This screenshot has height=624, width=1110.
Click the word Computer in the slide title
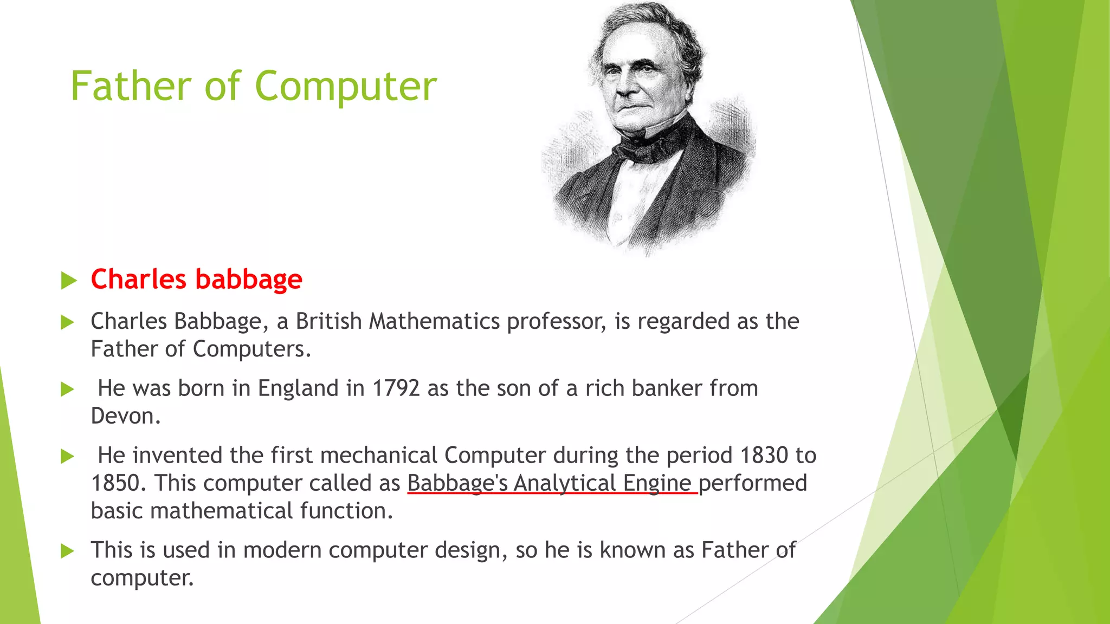tap(345, 87)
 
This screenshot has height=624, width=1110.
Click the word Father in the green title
tap(131, 87)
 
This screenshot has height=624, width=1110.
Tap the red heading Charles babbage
tap(196, 279)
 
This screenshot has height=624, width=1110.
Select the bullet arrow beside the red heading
tap(68, 281)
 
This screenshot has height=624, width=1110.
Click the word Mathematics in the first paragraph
tap(434, 321)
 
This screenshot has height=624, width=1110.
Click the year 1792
tap(396, 388)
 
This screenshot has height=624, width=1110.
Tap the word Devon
tap(125, 416)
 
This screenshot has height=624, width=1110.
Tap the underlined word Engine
tap(657, 483)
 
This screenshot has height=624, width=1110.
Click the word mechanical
tap(378, 456)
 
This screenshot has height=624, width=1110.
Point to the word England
tap(298, 388)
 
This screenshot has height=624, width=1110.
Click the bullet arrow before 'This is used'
tap(68, 551)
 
